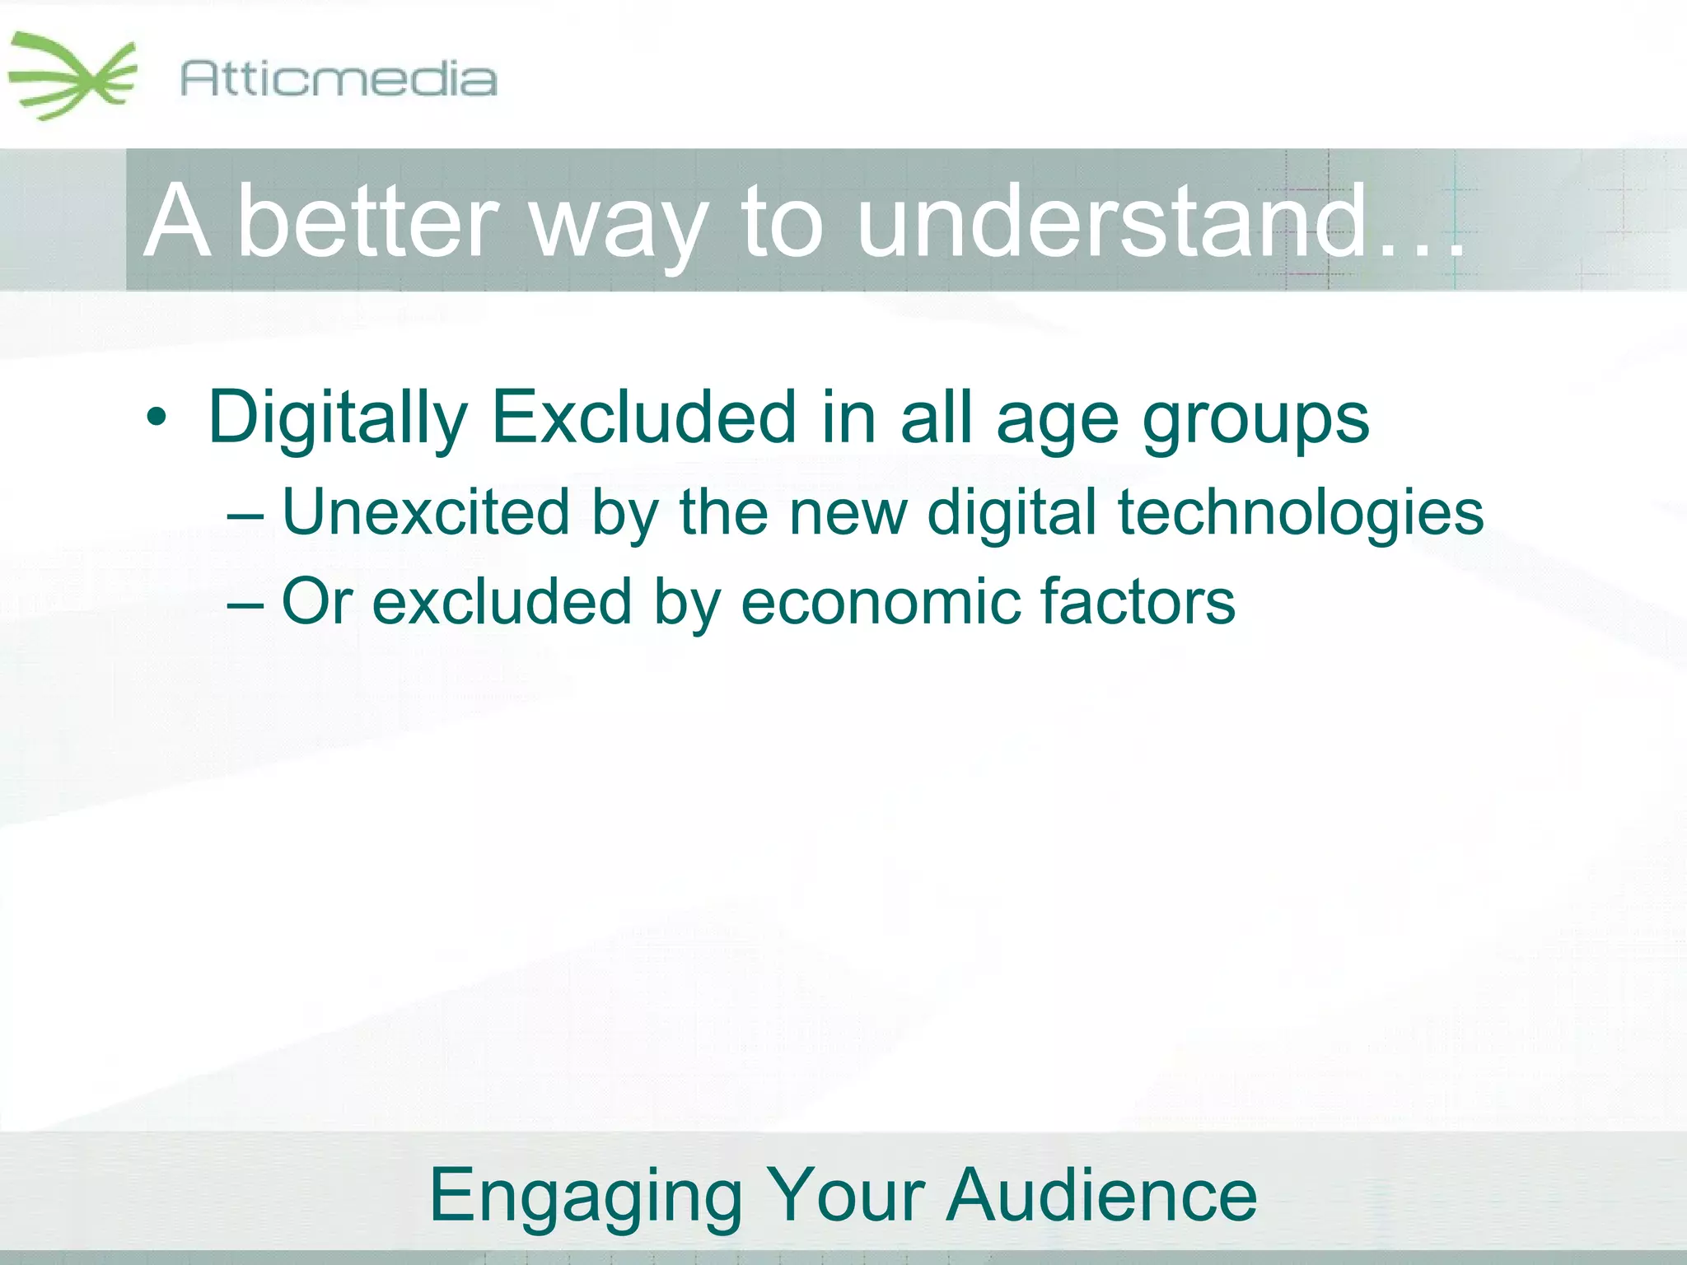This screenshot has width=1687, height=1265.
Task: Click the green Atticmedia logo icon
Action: pos(72,77)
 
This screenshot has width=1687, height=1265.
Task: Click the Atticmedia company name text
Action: pos(338,79)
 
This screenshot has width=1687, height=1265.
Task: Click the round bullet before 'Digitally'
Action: pos(156,418)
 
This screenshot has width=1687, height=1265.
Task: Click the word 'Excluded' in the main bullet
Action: pos(643,417)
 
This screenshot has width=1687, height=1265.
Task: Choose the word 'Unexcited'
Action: pos(425,512)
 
